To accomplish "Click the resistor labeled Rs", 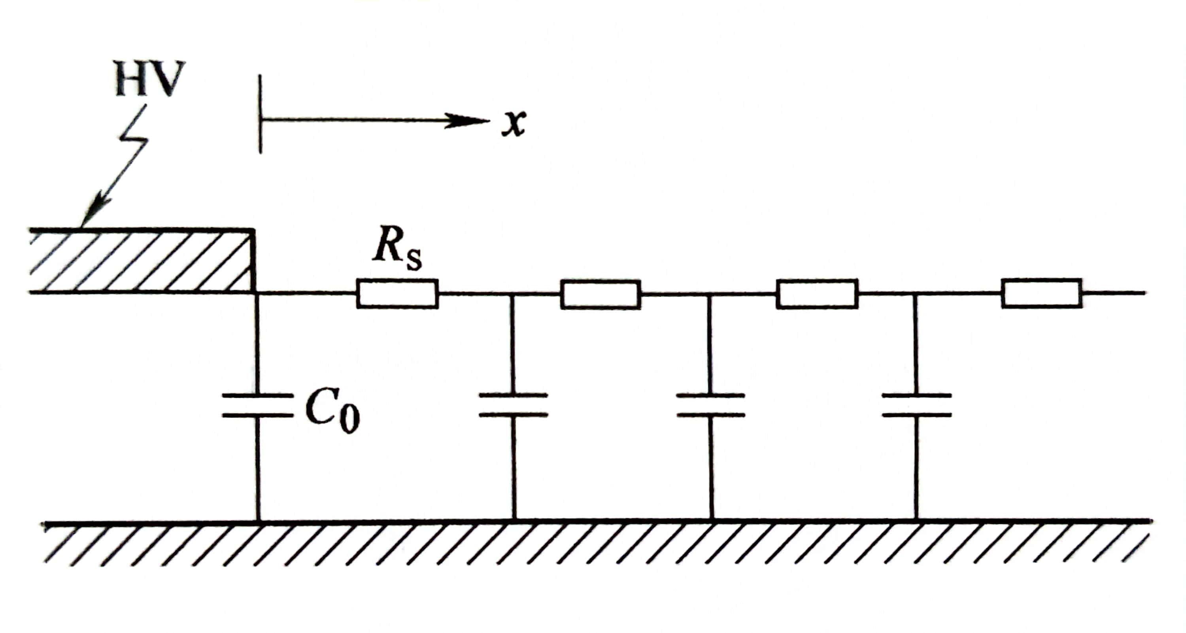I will coord(397,293).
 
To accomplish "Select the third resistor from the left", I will coord(817,293).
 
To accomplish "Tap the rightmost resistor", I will coord(1041,293).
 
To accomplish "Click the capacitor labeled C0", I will coord(257,405).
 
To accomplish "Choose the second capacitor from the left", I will coord(514,405).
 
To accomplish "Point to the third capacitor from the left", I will coord(710,405).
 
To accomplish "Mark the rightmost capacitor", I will coord(916,405).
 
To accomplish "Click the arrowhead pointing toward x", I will coord(470,121).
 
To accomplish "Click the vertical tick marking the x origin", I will coord(261,114).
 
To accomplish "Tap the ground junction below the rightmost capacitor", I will coord(916,520).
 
